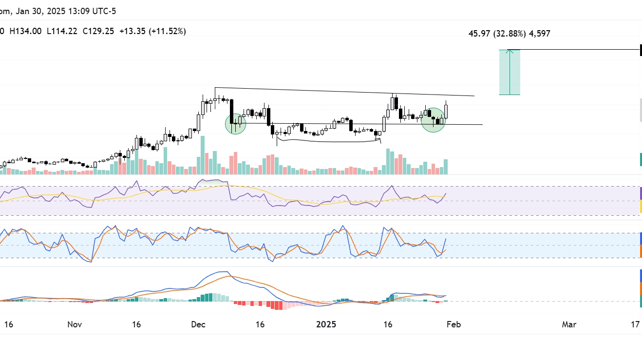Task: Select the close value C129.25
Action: [98, 31]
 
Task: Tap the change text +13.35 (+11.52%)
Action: [152, 31]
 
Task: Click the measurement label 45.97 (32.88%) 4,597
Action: [509, 34]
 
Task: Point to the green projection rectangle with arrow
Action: [510, 72]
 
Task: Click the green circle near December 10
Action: [236, 124]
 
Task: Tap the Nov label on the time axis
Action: [74, 324]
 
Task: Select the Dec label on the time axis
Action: [198, 324]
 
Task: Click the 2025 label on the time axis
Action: [326, 324]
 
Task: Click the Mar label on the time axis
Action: [569, 324]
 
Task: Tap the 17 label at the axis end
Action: [635, 324]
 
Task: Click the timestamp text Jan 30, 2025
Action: [41, 11]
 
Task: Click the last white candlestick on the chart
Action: [446, 111]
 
